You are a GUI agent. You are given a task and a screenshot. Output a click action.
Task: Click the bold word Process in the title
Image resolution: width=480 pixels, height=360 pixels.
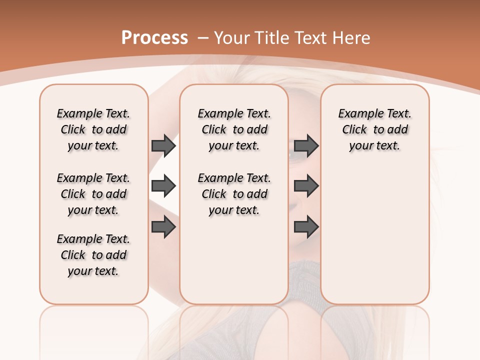point(154,38)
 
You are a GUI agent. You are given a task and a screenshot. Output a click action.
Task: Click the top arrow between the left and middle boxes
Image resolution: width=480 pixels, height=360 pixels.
point(163,146)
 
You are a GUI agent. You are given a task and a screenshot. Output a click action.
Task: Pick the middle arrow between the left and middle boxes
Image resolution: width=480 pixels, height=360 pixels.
point(163,186)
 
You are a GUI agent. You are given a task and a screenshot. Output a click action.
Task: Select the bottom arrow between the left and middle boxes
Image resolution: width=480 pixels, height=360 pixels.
point(163,227)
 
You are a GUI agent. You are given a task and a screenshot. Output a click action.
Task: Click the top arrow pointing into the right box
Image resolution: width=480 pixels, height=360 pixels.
point(306,146)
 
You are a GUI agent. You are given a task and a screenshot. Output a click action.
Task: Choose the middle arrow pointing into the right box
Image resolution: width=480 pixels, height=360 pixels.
point(306,186)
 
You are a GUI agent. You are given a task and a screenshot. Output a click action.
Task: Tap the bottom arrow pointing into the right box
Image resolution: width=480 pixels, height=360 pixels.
point(306,227)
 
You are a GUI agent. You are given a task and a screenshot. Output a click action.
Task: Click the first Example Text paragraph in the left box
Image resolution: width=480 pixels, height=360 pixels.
point(93,129)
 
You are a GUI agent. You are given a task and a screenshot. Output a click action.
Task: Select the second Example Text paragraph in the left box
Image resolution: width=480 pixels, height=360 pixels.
point(93,194)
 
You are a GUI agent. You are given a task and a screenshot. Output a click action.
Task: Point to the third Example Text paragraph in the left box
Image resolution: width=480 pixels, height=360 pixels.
point(93,255)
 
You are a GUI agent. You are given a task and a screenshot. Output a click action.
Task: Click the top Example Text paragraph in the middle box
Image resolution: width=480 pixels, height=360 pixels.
point(234,129)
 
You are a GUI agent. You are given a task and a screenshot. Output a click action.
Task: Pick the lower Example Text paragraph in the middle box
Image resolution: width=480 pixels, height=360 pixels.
point(234,194)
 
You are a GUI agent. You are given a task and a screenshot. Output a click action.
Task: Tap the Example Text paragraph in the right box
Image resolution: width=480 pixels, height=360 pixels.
point(374,129)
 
